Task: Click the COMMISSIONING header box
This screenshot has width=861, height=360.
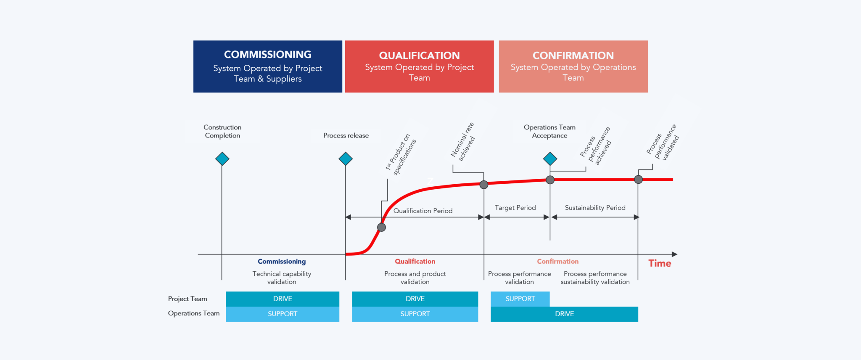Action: pos(267,66)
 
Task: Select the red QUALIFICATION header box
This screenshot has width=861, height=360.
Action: pos(419,66)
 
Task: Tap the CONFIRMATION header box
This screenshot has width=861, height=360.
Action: pos(573,66)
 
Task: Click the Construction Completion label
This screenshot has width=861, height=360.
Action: pos(222,131)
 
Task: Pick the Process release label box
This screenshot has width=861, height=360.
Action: pos(346,135)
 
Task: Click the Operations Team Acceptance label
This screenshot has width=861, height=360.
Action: pos(549,131)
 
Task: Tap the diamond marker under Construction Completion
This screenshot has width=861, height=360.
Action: pos(222,159)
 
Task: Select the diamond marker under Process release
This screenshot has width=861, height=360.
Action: pos(346,159)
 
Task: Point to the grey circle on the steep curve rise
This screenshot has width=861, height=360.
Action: pos(381,228)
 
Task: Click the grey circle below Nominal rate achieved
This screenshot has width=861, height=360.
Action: pos(484,184)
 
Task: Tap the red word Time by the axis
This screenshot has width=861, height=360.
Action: pos(659,263)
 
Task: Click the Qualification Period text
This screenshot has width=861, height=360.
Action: pos(423,211)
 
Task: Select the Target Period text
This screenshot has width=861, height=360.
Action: pos(515,208)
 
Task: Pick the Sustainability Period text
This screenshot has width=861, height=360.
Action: pos(595,208)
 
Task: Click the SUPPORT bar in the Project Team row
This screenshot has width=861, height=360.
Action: pos(520,299)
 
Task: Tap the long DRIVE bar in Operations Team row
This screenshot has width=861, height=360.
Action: pos(564,314)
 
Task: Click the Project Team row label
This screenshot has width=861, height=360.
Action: pos(188,299)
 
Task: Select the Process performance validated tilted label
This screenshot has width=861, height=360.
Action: pos(670,132)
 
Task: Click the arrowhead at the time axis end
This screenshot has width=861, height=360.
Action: pos(674,254)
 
